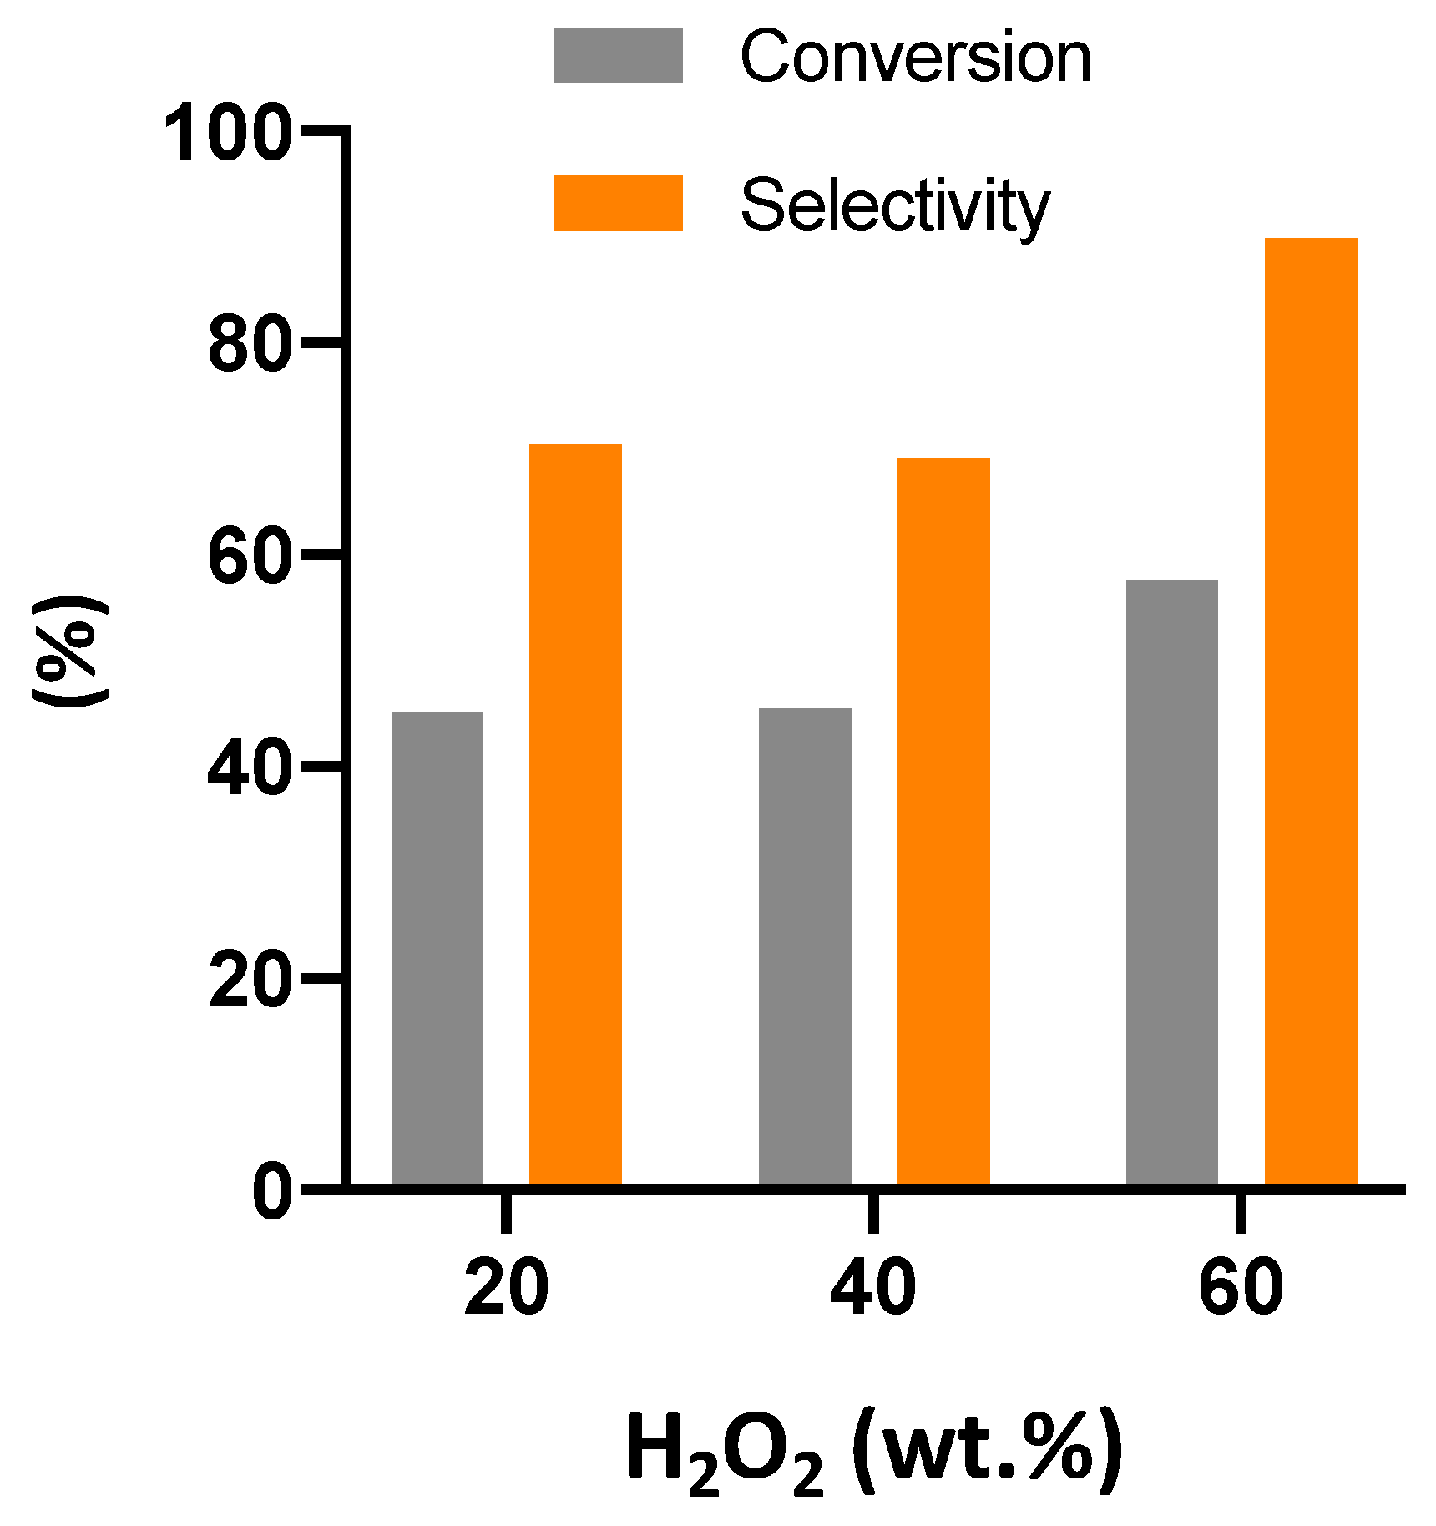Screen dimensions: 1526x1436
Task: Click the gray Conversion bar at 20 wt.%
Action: coord(437,948)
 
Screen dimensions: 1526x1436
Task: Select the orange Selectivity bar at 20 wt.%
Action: coord(575,814)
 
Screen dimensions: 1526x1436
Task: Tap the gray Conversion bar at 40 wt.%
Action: coord(805,946)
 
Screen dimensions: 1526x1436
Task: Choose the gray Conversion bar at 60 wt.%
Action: coord(1171,882)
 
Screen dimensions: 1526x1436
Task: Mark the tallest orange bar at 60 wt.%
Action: coord(1311,712)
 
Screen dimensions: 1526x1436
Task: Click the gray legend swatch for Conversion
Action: coord(618,55)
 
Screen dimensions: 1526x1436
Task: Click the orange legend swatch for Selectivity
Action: coord(618,203)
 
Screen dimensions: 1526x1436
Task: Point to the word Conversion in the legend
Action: coord(916,57)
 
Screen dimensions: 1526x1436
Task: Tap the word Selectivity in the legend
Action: coord(895,205)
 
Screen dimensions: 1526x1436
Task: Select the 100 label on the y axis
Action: coord(227,134)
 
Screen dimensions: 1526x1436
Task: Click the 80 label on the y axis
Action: coord(249,345)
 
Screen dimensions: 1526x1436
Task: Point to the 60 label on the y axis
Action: coord(249,556)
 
